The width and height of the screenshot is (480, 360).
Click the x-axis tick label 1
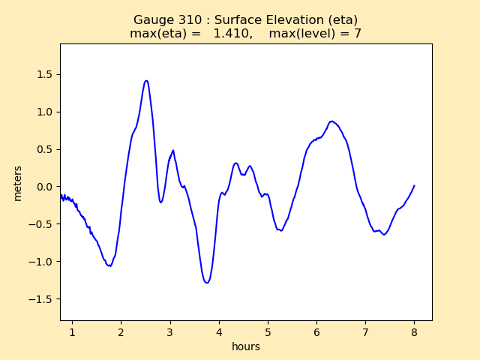pyautogui.click(x=72, y=331)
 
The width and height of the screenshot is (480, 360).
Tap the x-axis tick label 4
pyautogui.click(x=219, y=331)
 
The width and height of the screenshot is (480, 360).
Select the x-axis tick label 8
pyautogui.click(x=414, y=331)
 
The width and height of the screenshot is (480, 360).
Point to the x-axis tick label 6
pyautogui.click(x=316, y=331)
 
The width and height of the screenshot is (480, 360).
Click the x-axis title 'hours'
pyautogui.click(x=246, y=346)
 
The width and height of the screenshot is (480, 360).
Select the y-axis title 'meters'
pyautogui.click(x=18, y=183)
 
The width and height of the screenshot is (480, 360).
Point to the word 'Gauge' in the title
pyautogui.click(x=152, y=20)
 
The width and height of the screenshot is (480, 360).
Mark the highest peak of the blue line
pyautogui.click(x=146, y=80)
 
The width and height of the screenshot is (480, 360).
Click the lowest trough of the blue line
pyautogui.click(x=206, y=283)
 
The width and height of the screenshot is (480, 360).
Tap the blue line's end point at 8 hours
pyautogui.click(x=414, y=185)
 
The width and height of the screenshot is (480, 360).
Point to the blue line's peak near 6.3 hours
pyautogui.click(x=331, y=121)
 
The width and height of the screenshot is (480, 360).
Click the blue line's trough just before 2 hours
pyautogui.click(x=109, y=265)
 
